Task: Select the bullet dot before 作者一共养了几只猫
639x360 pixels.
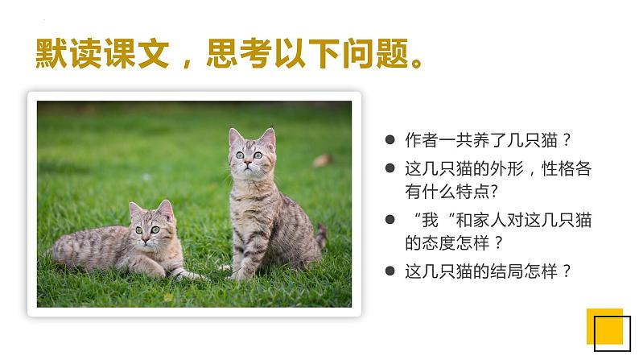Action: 390,139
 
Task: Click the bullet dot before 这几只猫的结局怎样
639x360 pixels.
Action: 390,271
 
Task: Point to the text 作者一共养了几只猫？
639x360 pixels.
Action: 489,139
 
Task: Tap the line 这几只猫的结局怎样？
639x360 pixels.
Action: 489,271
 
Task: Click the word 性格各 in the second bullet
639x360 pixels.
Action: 555,170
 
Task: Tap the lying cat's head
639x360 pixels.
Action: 151,225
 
